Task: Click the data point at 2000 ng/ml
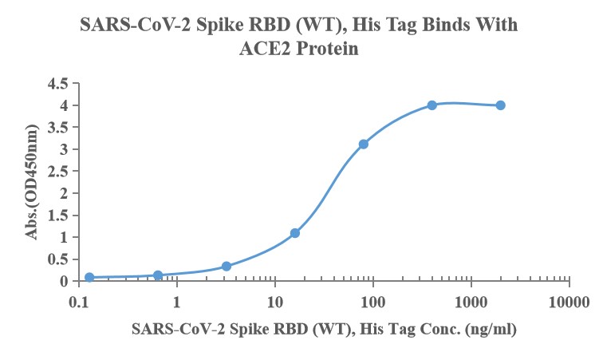click(500, 105)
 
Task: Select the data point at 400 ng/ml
click(432, 105)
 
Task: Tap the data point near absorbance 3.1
click(364, 144)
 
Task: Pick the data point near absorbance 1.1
click(295, 233)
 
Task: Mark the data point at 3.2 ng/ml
click(227, 266)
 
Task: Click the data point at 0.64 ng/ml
click(158, 275)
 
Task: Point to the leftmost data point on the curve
click(89, 278)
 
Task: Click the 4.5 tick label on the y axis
click(57, 84)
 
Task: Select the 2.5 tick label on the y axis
click(57, 172)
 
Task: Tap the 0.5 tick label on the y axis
click(57, 259)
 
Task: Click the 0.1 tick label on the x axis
click(79, 303)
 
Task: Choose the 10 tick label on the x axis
click(275, 303)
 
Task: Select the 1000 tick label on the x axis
click(471, 303)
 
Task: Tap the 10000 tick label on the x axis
click(569, 303)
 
